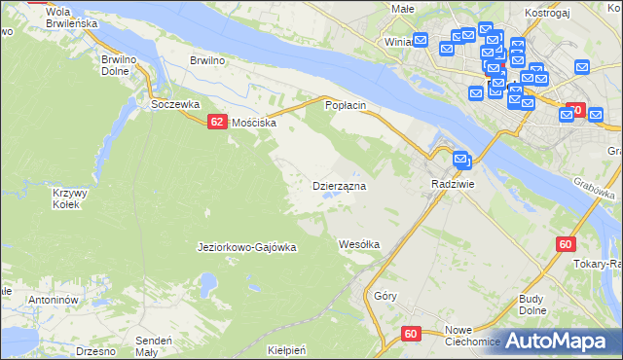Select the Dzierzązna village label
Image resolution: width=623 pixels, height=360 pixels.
[x=338, y=185]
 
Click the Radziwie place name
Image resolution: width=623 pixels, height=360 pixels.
[x=453, y=184]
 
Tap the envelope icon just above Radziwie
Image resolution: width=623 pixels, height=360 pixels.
[x=461, y=161]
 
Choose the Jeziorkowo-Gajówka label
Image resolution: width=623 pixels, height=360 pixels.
[x=246, y=247]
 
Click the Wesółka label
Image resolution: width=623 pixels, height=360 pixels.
[x=358, y=243]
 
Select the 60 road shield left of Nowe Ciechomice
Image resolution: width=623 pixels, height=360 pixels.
[x=410, y=334]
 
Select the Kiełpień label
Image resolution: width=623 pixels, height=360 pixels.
[x=286, y=349]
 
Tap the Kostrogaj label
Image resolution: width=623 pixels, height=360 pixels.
[x=544, y=9]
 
